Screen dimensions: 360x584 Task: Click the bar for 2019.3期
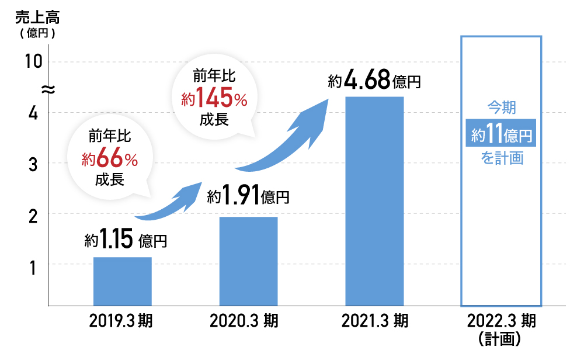coord(123,281)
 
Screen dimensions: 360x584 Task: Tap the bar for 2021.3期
coord(374,200)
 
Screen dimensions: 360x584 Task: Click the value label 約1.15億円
coord(126,240)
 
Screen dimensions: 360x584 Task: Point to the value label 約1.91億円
coord(249,197)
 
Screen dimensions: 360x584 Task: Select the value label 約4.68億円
coord(375,81)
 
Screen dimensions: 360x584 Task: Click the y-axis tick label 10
coord(34,61)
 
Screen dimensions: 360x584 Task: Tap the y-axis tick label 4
coord(34,113)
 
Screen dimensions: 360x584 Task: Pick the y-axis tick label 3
coord(34,164)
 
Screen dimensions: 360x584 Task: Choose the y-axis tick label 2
coord(34,214)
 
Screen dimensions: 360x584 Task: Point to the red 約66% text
coord(109,158)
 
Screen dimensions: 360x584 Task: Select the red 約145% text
coord(214,99)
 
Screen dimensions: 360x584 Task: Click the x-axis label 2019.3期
coord(121,321)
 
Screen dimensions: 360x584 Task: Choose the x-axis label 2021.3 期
coord(375,321)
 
